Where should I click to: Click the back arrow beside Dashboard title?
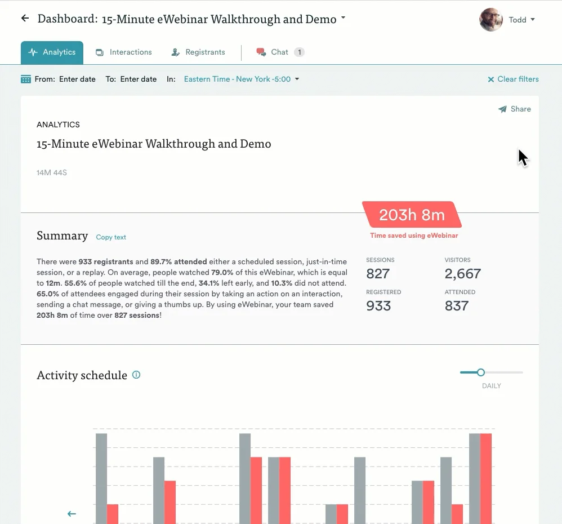click(25, 19)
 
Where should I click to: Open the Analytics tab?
click(52, 52)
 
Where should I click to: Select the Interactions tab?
click(124, 52)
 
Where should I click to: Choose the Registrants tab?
click(198, 52)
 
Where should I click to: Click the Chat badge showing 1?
click(300, 52)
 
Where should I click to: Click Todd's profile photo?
click(490, 20)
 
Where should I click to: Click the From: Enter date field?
click(77, 79)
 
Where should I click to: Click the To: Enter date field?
click(138, 79)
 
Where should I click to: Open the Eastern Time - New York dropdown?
click(242, 79)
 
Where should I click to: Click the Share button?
click(515, 109)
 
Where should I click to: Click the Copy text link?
click(111, 237)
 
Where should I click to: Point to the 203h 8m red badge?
click(412, 215)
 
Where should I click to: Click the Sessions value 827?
click(378, 274)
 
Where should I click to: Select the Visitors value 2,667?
click(463, 274)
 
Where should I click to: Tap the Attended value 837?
click(457, 306)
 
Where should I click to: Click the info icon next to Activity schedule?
click(136, 375)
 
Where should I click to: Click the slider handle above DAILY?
click(480, 372)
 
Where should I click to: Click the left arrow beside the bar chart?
click(72, 514)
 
